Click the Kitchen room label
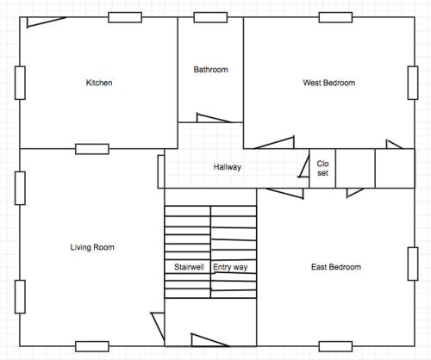click(99, 83)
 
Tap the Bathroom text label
click(210, 70)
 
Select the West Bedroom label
click(329, 83)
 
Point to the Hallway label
click(227, 167)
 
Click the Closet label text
click(322, 168)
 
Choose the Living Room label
click(92, 247)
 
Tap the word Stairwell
click(189, 267)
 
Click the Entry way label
click(230, 267)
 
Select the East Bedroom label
click(336, 267)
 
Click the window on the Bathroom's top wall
click(210, 17)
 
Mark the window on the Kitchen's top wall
click(125, 17)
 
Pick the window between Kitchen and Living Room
click(92, 149)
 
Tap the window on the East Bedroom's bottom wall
click(335, 346)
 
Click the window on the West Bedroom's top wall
click(335, 17)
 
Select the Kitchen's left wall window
click(20, 83)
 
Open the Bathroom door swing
click(213, 118)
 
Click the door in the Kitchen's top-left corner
click(46, 22)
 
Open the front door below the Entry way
click(209, 340)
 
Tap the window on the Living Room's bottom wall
click(92, 346)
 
